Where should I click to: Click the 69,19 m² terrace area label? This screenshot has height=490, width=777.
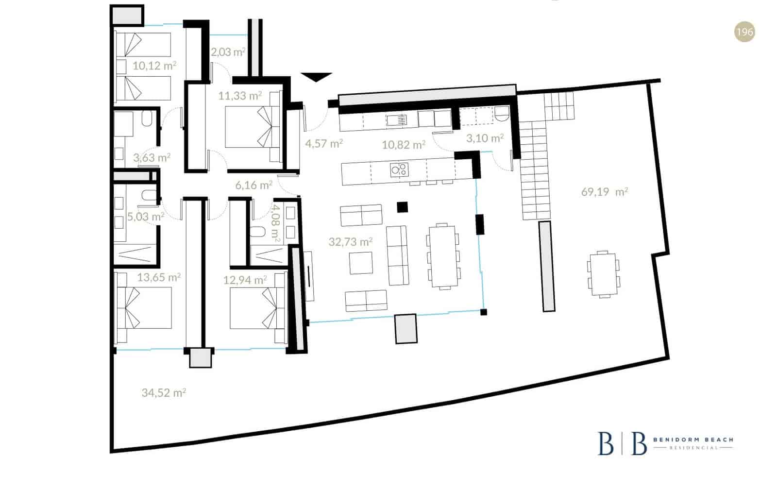point(604,192)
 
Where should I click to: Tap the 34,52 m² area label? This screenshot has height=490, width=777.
point(164,392)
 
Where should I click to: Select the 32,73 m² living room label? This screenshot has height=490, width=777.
point(351,241)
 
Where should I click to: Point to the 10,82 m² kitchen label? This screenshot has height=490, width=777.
point(404,144)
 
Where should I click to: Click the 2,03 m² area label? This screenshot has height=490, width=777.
point(228,52)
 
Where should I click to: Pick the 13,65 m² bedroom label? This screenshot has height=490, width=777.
point(159,277)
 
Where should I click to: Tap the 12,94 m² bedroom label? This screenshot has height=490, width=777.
point(245,280)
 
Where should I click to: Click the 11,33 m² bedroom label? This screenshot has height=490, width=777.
point(240,96)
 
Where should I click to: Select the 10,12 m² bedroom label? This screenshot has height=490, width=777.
point(154,65)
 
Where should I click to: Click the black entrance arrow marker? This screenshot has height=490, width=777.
point(316,77)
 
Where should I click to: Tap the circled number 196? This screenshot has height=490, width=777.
point(744,32)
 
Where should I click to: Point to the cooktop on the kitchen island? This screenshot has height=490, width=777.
point(399,169)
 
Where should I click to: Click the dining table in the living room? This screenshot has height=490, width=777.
point(443,256)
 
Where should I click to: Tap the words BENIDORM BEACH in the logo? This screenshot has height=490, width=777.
point(693,439)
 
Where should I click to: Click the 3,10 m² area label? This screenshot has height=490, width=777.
point(485,138)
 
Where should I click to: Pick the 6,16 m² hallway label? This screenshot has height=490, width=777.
point(253,185)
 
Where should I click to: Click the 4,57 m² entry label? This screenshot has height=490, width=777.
point(324,143)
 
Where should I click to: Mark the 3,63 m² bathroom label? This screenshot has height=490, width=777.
point(152,158)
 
